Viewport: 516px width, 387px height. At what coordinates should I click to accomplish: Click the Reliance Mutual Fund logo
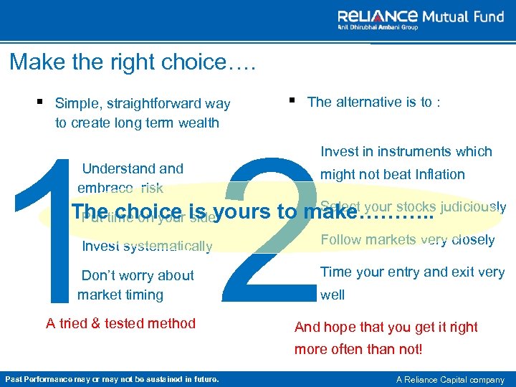(x=421, y=19)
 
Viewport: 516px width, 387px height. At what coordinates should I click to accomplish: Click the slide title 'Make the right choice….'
(x=133, y=62)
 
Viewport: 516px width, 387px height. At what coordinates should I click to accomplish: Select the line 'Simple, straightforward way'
(x=143, y=104)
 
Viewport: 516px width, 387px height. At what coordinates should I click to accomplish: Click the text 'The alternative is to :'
(x=373, y=102)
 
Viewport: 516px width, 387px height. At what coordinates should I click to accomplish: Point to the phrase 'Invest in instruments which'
(x=406, y=151)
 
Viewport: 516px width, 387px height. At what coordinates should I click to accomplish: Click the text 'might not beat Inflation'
(x=392, y=174)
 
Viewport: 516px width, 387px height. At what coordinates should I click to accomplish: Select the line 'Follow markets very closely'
(x=407, y=239)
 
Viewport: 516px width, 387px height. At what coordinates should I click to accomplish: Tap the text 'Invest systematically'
(x=147, y=247)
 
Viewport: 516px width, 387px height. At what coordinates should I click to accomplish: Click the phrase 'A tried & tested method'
(x=120, y=323)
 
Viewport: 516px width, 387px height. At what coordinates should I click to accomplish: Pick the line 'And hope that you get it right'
(x=386, y=328)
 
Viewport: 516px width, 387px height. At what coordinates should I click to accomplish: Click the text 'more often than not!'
(x=358, y=350)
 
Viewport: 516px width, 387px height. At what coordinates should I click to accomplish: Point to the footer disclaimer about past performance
(x=112, y=379)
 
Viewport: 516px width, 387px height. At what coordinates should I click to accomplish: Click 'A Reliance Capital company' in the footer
(x=449, y=379)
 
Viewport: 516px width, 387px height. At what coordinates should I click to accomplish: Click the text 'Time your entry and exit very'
(x=412, y=272)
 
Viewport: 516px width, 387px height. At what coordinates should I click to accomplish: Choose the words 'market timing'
(x=120, y=295)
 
